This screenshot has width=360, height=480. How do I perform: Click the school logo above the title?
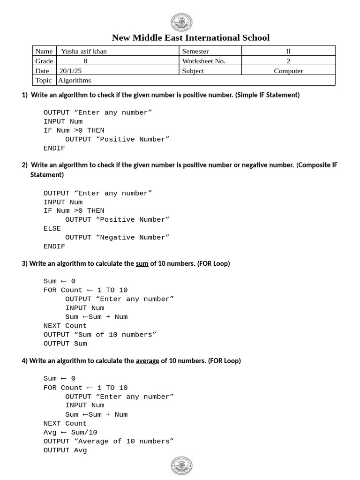click(x=181, y=22)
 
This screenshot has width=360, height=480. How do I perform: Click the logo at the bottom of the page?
click(x=181, y=465)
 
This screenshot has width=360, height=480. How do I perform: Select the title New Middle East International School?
click(x=191, y=37)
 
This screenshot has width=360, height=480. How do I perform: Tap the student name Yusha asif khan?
click(x=84, y=51)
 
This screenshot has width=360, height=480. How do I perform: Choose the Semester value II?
click(x=288, y=51)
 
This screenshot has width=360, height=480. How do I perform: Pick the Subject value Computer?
click(x=288, y=71)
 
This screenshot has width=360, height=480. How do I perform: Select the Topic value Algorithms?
click(x=75, y=80)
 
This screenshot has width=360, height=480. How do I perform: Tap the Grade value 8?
click(x=85, y=61)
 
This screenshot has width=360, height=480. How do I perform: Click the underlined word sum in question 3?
click(x=142, y=263)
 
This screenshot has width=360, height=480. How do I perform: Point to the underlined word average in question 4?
click(x=147, y=360)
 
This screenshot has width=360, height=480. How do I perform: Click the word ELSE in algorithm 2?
click(x=52, y=228)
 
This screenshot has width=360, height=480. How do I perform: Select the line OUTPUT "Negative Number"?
click(x=117, y=237)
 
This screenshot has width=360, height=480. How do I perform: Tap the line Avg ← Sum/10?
click(x=70, y=432)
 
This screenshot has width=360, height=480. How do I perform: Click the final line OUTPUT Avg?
click(x=65, y=450)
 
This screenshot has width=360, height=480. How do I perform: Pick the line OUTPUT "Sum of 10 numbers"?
click(x=100, y=334)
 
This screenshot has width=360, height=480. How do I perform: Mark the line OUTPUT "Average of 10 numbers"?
click(x=108, y=441)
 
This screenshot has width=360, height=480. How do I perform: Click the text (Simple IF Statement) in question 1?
click(x=268, y=95)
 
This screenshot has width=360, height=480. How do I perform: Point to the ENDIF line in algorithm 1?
click(x=54, y=148)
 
